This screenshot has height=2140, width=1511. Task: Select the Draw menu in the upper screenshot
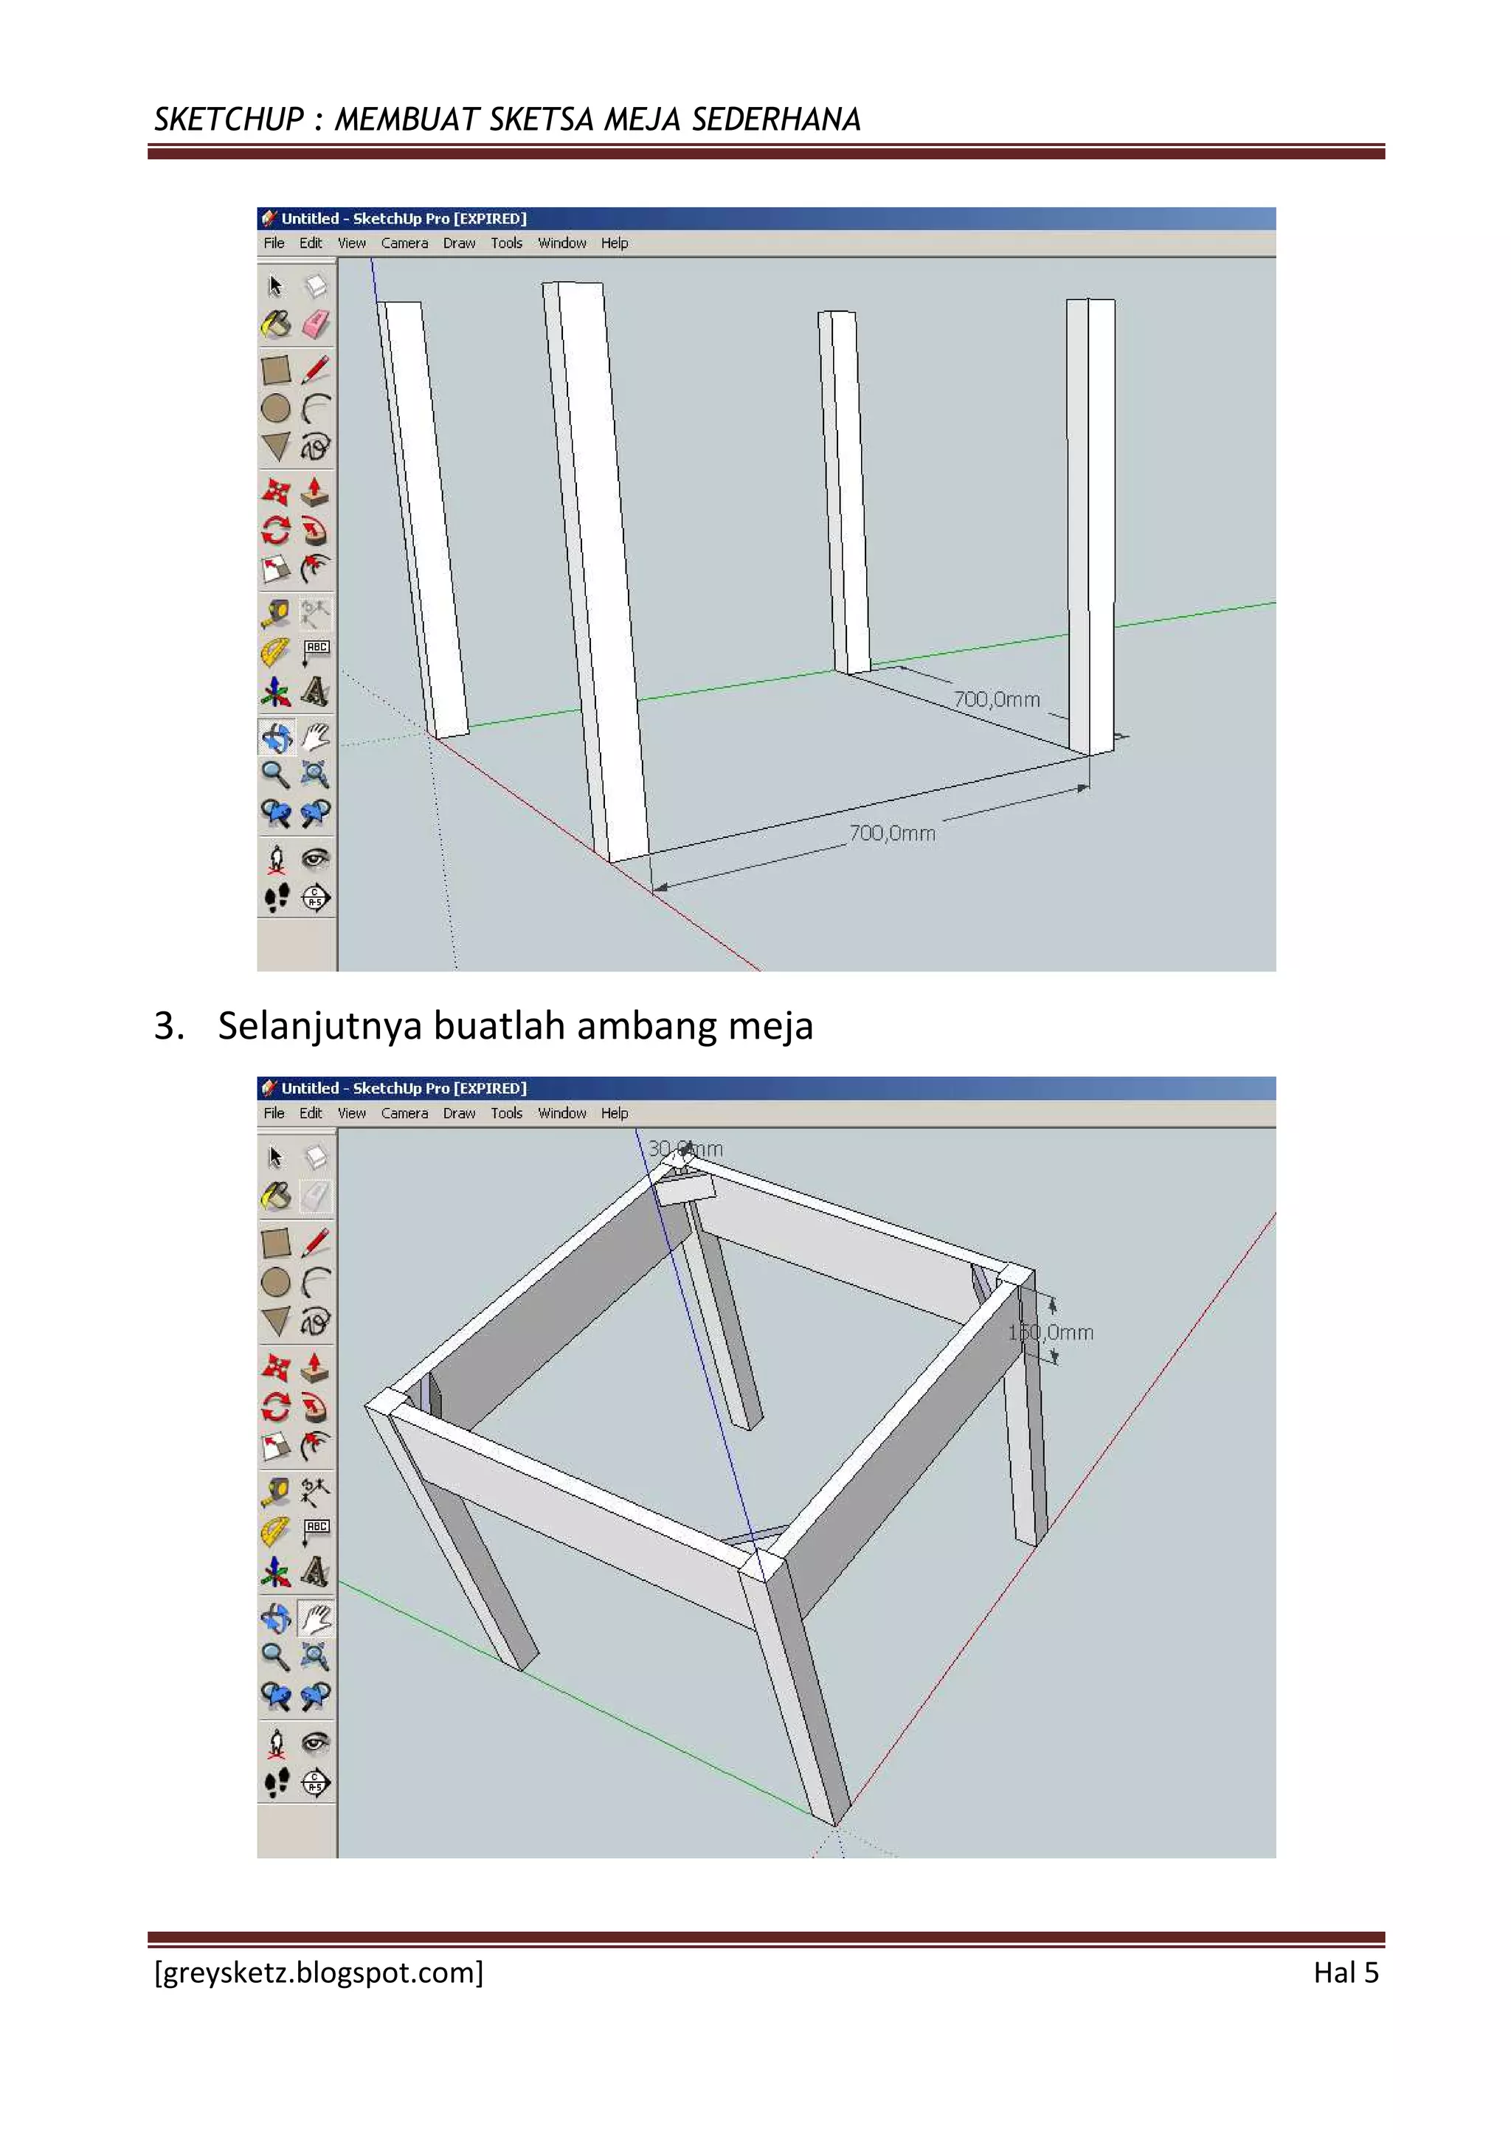(x=459, y=243)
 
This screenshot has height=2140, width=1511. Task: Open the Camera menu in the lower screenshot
(x=404, y=1113)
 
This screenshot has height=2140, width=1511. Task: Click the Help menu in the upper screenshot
(x=615, y=243)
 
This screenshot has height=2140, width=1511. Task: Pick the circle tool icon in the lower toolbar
(x=276, y=1283)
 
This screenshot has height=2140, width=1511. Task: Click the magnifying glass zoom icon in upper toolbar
(x=275, y=774)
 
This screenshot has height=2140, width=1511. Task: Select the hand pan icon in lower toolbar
(x=316, y=1619)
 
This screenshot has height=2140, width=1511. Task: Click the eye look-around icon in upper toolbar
(x=316, y=857)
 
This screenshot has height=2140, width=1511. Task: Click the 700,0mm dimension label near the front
(x=892, y=834)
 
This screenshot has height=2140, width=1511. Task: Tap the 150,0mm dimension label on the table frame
(x=1051, y=1332)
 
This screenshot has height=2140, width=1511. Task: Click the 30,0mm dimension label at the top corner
(x=685, y=1149)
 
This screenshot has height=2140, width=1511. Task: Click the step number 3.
(x=167, y=1025)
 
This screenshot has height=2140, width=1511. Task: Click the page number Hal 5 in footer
(x=1345, y=1973)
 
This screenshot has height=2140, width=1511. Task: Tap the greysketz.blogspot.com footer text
(x=319, y=1973)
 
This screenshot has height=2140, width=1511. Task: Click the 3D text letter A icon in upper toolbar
(x=315, y=692)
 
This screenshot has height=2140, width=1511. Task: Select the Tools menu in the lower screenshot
(x=506, y=1113)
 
